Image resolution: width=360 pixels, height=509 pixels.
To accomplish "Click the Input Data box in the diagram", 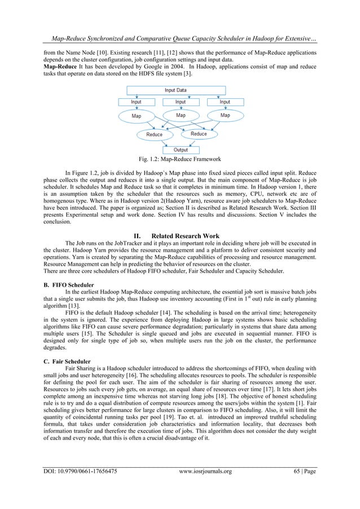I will coord(175,90).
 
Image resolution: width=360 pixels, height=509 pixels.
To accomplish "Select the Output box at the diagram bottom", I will coord(180,150).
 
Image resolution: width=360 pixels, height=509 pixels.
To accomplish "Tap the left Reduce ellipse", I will coord(154,134).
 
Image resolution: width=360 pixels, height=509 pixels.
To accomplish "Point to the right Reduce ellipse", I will coord(199,134).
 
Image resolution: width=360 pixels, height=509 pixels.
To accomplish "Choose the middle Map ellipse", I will coord(180,116).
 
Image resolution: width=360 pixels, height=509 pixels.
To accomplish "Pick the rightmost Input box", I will coord(225,102).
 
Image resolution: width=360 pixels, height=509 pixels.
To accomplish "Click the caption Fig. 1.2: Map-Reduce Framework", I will coord(179,159).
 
